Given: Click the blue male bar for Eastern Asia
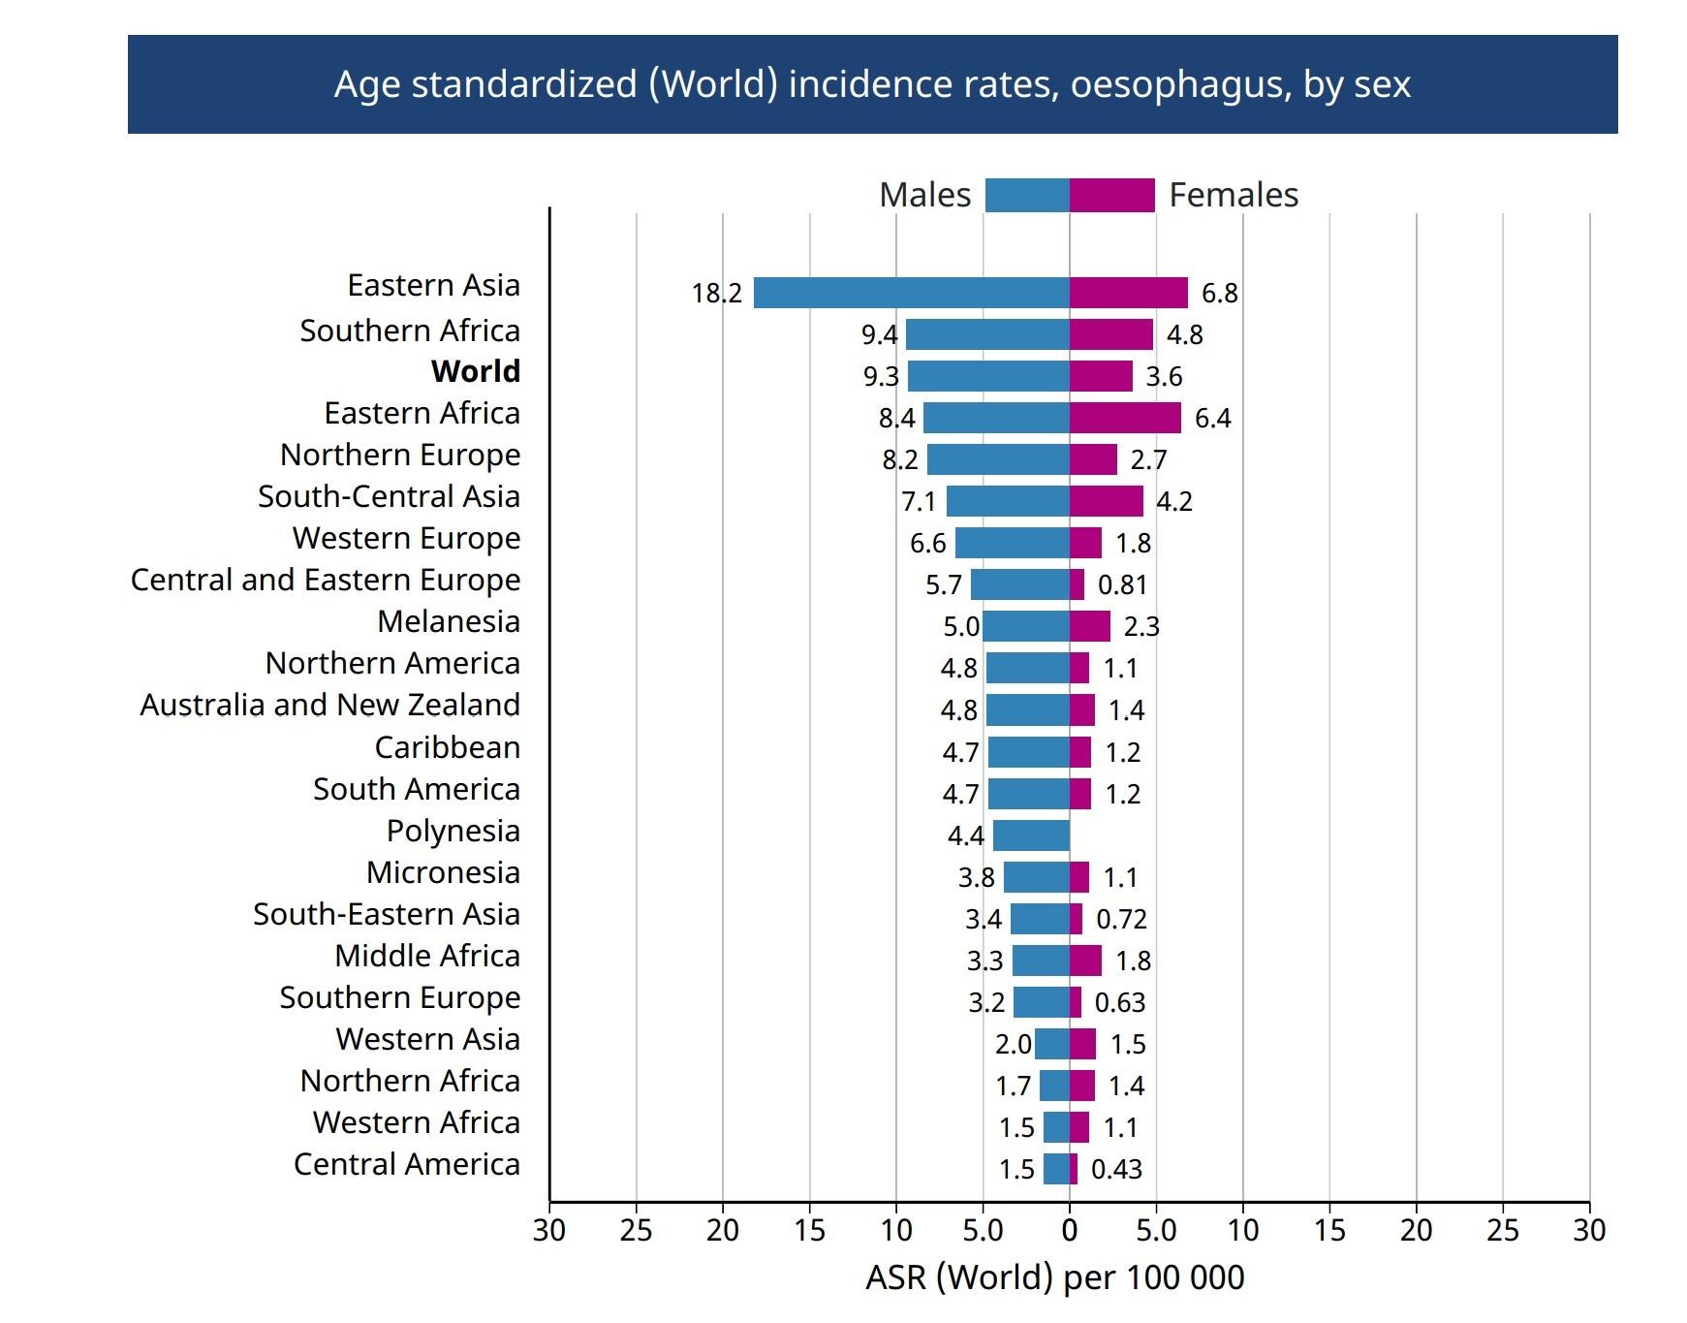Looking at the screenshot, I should tap(911, 293).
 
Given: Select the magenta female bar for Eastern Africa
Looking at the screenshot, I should tap(1125, 418).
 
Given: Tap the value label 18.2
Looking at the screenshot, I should tap(716, 293).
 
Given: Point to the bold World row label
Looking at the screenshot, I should tap(476, 371).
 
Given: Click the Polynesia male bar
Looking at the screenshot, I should tap(1031, 835).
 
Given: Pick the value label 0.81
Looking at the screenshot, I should tap(1122, 584).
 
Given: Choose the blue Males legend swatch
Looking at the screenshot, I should tap(1027, 195).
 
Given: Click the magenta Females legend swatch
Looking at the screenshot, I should tap(1112, 195).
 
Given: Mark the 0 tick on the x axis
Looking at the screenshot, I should tap(1070, 1231).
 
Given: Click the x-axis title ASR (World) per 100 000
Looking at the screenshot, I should tap(1054, 1277).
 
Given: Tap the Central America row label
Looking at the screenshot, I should tap(407, 1164).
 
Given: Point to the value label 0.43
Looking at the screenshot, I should tap(1116, 1169).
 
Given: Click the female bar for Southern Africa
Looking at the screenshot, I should tap(1111, 334).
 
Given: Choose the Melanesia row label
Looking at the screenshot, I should tap(449, 621).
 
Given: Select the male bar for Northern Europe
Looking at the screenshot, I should tap(998, 459).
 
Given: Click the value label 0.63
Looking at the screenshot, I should tap(1119, 1002).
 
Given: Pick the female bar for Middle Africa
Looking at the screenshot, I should tap(1085, 961).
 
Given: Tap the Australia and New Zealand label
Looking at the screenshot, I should tap(329, 705).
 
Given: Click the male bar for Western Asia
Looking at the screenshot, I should tap(1052, 1044).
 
